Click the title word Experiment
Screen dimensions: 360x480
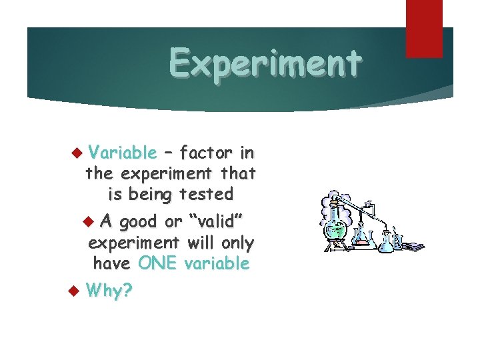coord(265,63)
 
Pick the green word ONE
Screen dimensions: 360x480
coord(158,263)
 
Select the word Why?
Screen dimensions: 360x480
coord(109,291)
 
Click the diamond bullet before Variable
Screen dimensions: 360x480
coord(75,153)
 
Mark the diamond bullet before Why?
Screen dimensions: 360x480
coord(75,291)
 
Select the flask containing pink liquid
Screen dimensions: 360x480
coord(361,237)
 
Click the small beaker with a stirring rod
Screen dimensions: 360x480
coord(397,241)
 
